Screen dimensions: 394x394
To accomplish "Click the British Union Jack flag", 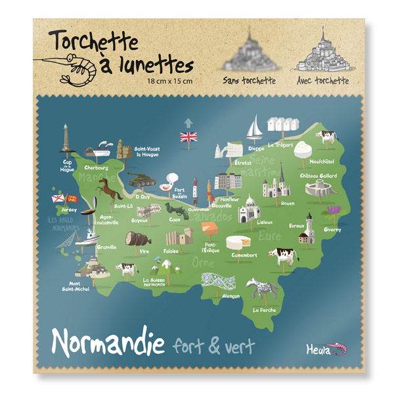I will click(x=188, y=137).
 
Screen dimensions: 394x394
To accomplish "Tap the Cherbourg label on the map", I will click(x=96, y=168).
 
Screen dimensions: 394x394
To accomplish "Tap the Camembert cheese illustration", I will click(x=237, y=243).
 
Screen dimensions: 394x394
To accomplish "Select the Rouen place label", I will click(x=269, y=204).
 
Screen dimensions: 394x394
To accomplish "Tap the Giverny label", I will click(x=333, y=230).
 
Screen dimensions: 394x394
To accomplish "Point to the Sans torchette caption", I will click(x=250, y=81).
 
